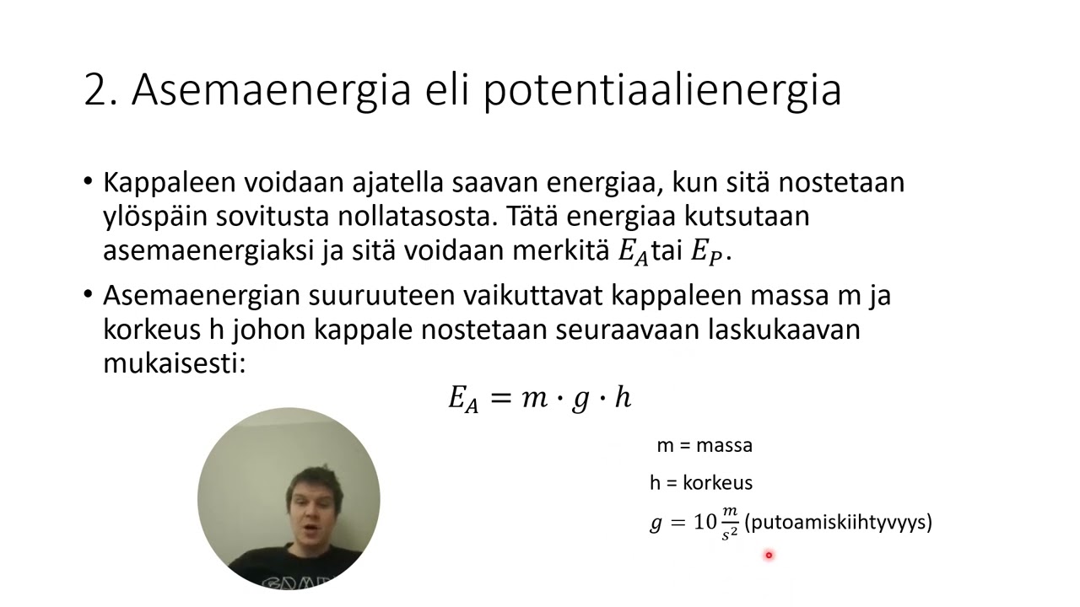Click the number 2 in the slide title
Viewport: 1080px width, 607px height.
coord(100,89)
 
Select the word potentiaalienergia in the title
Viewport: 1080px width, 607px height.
coord(661,89)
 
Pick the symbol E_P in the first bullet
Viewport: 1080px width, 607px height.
coord(706,252)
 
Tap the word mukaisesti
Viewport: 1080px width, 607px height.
coord(173,363)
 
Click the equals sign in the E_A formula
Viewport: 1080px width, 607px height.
coord(500,398)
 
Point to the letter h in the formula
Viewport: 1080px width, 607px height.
coord(623,396)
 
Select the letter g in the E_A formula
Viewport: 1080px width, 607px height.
coord(580,400)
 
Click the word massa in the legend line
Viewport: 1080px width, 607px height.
coord(724,445)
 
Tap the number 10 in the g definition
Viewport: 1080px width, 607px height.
coord(705,523)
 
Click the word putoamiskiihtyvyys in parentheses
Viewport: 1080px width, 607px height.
coord(838,523)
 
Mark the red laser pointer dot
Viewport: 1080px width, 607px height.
coord(769,555)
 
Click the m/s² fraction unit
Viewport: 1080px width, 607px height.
coord(730,523)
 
